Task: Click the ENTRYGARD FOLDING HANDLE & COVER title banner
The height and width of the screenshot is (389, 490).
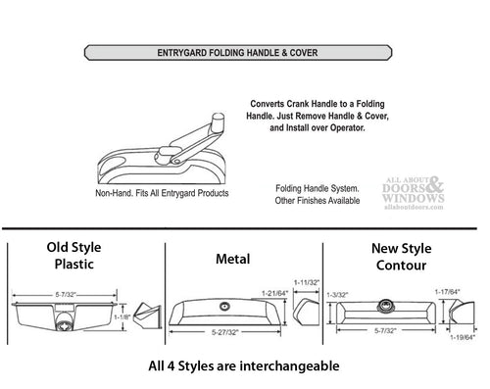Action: [x=238, y=53]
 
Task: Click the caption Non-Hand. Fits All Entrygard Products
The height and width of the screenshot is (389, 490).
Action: [x=162, y=193]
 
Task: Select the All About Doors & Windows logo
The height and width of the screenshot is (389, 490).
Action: [x=414, y=193]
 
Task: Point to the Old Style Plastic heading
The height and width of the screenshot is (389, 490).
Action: [x=73, y=256]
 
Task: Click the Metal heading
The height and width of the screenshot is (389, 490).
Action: [x=233, y=259]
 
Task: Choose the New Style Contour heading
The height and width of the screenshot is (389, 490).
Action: [x=402, y=257]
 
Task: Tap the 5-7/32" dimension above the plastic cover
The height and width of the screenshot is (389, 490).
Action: [x=66, y=295]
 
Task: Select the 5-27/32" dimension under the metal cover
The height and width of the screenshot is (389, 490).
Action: [x=225, y=332]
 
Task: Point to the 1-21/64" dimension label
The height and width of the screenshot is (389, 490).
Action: [x=274, y=293]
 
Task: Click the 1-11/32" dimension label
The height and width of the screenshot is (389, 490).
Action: [x=307, y=282]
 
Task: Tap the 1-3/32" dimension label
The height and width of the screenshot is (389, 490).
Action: [x=337, y=295]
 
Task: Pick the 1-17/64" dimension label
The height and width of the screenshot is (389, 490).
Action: [x=448, y=291]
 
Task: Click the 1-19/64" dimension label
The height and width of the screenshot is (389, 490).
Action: [x=463, y=337]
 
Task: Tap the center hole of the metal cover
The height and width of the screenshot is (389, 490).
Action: [x=224, y=307]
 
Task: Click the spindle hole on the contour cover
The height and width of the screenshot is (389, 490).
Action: [x=386, y=306]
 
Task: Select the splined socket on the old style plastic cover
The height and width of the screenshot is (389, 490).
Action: [x=63, y=325]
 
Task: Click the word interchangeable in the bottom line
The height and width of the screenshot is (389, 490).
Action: [x=290, y=366]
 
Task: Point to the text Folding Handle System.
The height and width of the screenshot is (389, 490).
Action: [x=318, y=188]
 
